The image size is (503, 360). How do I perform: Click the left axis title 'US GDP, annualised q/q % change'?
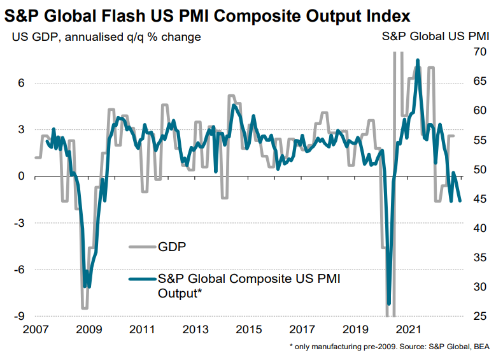pyautogui.click(x=106, y=37)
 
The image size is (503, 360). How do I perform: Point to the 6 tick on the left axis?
pyautogui.click(x=21, y=83)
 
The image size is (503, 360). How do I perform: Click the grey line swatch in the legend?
pyautogui.click(x=141, y=247)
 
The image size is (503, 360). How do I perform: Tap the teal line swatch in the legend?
pyautogui.click(x=141, y=279)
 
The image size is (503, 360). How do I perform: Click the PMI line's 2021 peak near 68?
pyautogui.click(x=417, y=61)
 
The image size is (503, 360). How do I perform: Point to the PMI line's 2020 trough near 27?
pyautogui.click(x=388, y=303)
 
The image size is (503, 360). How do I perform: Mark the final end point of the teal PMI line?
pyautogui.click(x=460, y=200)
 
